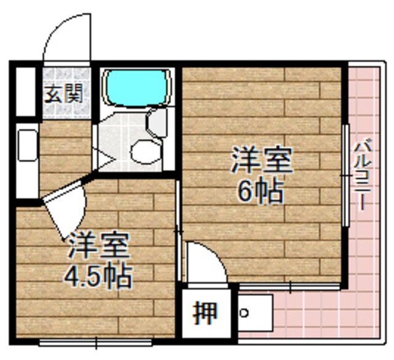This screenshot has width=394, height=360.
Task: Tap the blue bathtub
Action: [136, 87]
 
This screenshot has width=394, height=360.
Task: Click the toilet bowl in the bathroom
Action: [146, 151]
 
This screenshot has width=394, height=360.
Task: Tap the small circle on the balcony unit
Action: [244, 313]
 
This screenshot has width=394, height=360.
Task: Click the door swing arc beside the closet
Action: [207, 262]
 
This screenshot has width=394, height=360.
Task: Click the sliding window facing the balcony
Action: [346, 175]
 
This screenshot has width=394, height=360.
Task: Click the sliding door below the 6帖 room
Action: [289, 285]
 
